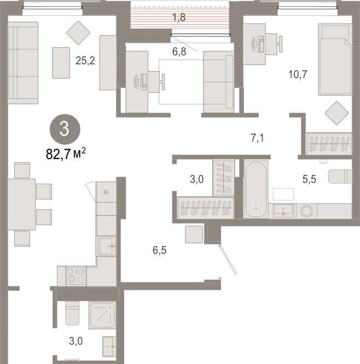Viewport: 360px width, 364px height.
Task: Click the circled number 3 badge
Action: [x=65, y=129]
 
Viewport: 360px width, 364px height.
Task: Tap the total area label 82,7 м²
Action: [x=66, y=154]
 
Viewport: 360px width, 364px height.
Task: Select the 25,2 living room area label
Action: [x=85, y=61]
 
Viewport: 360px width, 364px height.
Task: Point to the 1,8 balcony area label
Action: [x=179, y=17]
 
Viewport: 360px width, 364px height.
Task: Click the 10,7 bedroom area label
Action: [x=298, y=74]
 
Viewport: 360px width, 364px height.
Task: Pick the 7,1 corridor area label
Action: [x=258, y=138]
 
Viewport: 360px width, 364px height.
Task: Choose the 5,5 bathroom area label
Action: [x=309, y=179]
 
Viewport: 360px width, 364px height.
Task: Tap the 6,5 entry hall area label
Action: [x=159, y=250]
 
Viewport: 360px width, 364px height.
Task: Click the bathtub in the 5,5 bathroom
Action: [x=256, y=189]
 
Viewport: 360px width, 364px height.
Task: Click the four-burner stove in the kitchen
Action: [x=76, y=276]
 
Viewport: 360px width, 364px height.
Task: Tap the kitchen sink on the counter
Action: [x=107, y=246]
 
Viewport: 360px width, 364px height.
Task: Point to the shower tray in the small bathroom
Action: [x=102, y=315]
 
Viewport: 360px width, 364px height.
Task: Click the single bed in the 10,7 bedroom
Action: [x=335, y=59]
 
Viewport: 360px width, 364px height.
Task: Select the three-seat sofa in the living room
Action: [x=23, y=63]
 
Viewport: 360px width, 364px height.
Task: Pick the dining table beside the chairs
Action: [x=22, y=204]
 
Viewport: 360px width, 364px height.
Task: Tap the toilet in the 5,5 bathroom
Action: [x=340, y=177]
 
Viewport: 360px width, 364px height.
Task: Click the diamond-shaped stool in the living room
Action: [x=78, y=33]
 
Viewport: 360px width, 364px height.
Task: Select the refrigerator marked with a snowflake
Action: [x=106, y=192]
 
